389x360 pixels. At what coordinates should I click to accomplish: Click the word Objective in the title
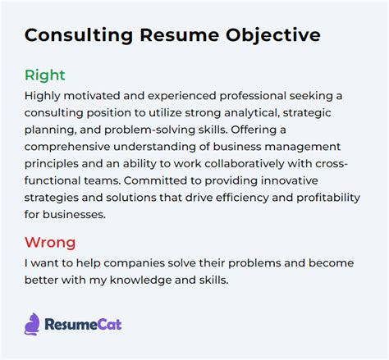pyautogui.click(x=272, y=36)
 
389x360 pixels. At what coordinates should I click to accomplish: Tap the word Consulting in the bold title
pyautogui.click(x=79, y=36)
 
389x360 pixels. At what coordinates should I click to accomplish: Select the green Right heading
pyautogui.click(x=45, y=75)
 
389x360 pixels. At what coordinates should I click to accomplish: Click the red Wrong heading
pyautogui.click(x=50, y=243)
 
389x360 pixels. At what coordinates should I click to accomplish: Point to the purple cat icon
pyautogui.click(x=32, y=324)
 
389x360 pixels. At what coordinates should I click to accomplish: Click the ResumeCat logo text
pyautogui.click(x=83, y=325)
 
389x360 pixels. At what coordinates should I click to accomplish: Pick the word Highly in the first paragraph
pyautogui.click(x=43, y=96)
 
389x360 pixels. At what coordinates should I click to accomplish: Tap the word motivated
pyautogui.click(x=92, y=96)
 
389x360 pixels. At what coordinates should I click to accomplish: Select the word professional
pyautogui.click(x=253, y=96)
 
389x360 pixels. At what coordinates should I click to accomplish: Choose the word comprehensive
pyautogui.click(x=67, y=147)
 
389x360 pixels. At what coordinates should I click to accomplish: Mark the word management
pyautogui.click(x=303, y=147)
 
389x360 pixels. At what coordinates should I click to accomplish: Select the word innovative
pyautogui.click(x=290, y=180)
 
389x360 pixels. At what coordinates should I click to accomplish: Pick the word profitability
pyautogui.click(x=328, y=198)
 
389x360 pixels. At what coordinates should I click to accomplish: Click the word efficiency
pyautogui.click(x=242, y=198)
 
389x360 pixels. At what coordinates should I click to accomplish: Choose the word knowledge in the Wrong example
pyautogui.click(x=140, y=280)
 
